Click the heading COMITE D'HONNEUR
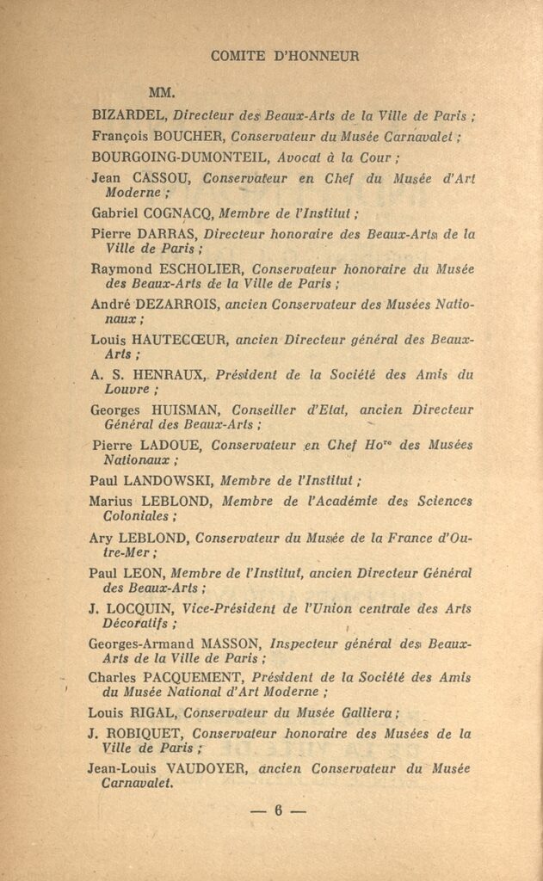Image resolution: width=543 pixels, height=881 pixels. [x=284, y=57]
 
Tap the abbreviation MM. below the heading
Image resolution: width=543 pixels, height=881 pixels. [x=163, y=92]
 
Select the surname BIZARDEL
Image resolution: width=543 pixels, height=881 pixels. [x=128, y=114]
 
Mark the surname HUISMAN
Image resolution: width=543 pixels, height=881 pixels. [x=176, y=410]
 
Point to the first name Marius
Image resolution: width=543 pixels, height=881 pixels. [x=109, y=502]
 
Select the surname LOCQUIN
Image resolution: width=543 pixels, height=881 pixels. [x=139, y=609]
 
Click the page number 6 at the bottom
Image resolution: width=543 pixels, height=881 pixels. [x=279, y=810]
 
